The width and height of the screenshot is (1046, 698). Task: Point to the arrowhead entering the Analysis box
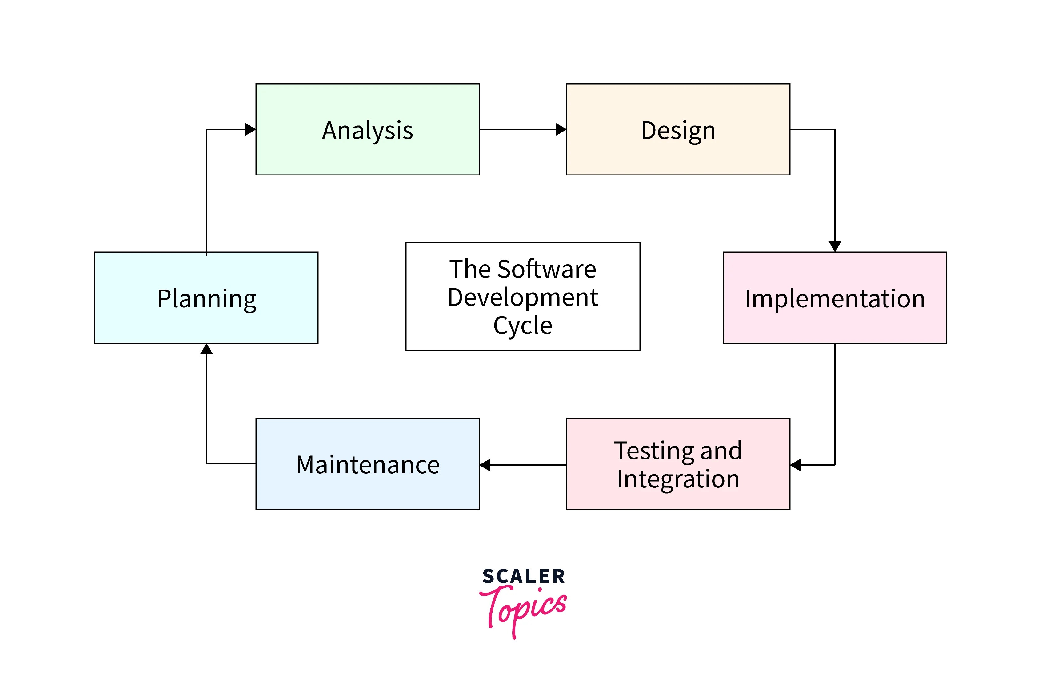[x=250, y=129]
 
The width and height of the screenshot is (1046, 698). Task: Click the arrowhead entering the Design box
[x=561, y=129]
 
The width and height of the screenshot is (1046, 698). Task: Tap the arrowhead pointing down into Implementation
[x=834, y=246]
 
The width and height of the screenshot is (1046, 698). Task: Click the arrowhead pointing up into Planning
[x=206, y=349]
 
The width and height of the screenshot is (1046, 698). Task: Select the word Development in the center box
[x=523, y=297]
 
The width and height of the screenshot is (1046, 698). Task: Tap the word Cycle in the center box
[x=523, y=325]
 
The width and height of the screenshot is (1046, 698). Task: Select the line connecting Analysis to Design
[x=517, y=129]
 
